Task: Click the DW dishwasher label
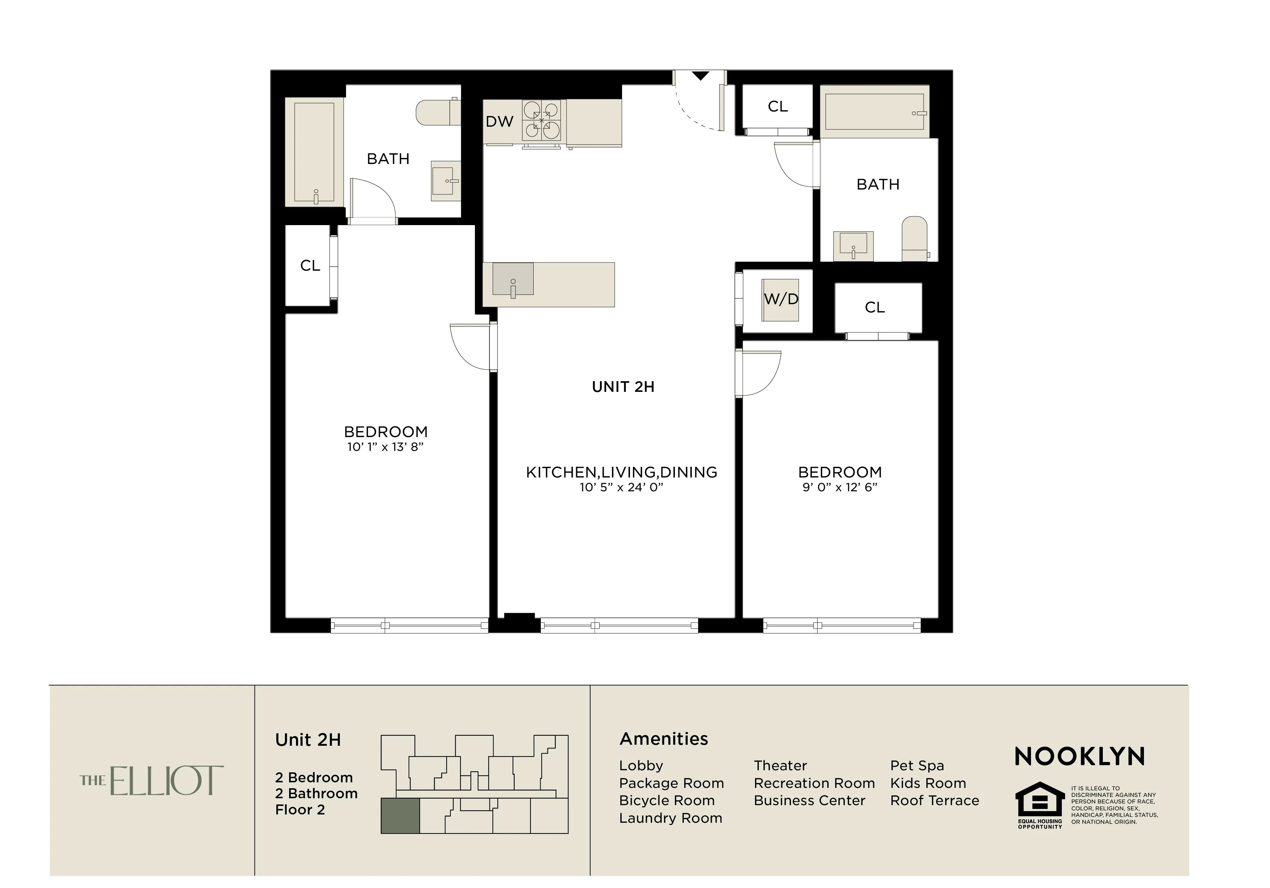coord(499,122)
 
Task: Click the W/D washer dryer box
coord(781,300)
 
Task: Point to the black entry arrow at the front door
coord(700,76)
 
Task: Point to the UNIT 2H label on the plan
coord(623,387)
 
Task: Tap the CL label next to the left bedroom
coord(310,266)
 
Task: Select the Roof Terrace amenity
coord(934,801)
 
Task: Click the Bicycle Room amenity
coord(667,801)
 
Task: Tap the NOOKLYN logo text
coord(1079,756)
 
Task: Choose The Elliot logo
coord(152,781)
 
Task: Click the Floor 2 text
coord(300,810)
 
